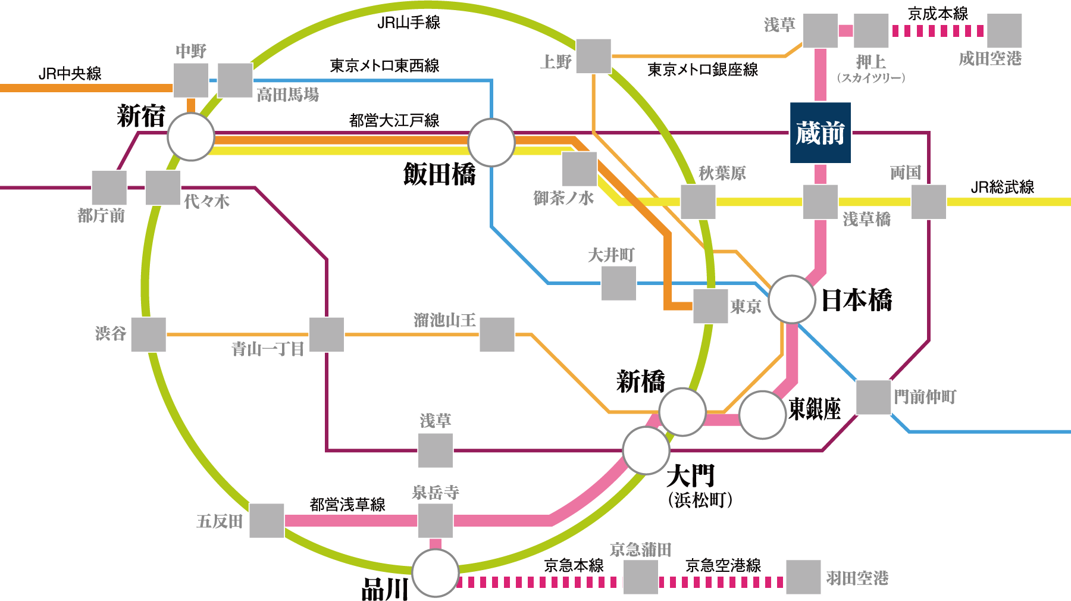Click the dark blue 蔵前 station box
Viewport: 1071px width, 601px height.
point(820,133)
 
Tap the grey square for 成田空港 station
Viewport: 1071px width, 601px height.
point(1004,31)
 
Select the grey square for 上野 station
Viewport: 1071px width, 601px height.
point(593,57)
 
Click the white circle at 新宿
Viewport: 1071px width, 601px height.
point(190,137)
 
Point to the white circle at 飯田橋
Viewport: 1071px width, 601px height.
point(491,143)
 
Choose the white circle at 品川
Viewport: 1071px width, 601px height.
point(436,573)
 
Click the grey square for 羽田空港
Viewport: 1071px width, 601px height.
point(803,577)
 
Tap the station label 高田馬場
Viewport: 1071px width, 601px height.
point(287,95)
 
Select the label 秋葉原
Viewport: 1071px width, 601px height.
point(722,173)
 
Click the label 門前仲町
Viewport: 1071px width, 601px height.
point(925,397)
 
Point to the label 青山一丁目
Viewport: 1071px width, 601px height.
point(268,349)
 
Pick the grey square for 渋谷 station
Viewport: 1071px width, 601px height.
point(149,334)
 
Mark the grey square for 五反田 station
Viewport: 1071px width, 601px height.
point(267,521)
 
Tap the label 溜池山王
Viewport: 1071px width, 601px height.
point(444,320)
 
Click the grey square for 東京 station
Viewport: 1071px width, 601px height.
point(710,306)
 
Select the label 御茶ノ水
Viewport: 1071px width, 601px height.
point(563,198)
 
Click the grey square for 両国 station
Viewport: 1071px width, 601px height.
point(928,202)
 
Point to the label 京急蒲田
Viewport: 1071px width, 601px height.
point(640,549)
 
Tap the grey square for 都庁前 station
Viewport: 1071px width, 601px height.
point(109,188)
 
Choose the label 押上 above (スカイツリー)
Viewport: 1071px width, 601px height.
point(870,61)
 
